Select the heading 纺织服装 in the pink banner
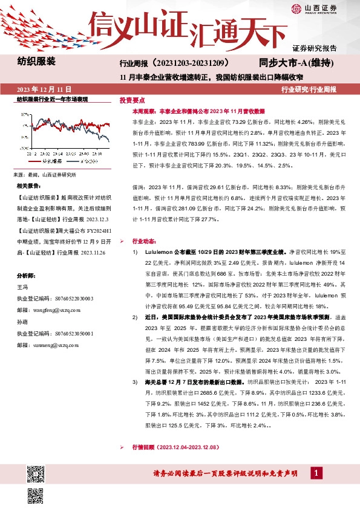[37, 61]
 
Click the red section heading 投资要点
[132, 100]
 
